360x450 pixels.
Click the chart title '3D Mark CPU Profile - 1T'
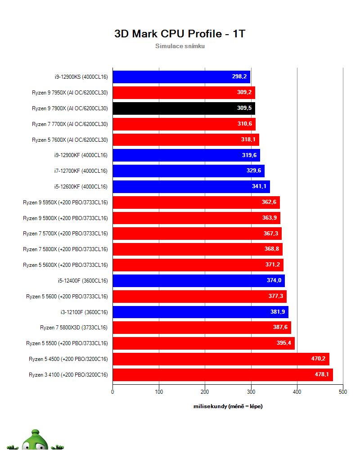tap(180, 34)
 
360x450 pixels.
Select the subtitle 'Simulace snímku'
tap(180, 46)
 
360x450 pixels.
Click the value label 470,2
tap(319, 359)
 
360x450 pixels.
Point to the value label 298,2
tap(239, 77)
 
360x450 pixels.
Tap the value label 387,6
tap(280, 328)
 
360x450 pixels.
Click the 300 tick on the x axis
tap(251, 392)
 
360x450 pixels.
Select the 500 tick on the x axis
tap(343, 392)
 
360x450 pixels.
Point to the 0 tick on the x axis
tap(112, 392)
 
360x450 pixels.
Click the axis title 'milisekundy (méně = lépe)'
tap(228, 406)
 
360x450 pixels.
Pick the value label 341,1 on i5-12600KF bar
tap(259, 187)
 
